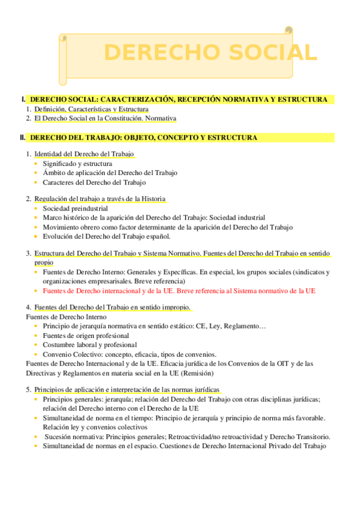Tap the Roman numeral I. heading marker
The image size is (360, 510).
[23, 99]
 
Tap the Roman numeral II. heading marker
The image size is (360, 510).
[22, 138]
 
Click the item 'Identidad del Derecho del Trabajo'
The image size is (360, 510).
[84, 154]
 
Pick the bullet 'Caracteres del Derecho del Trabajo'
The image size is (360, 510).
[94, 182]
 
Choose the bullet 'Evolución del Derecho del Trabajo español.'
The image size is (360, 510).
[106, 236]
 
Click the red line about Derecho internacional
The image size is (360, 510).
[178, 290]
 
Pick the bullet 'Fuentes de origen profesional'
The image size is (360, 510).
[86, 336]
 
